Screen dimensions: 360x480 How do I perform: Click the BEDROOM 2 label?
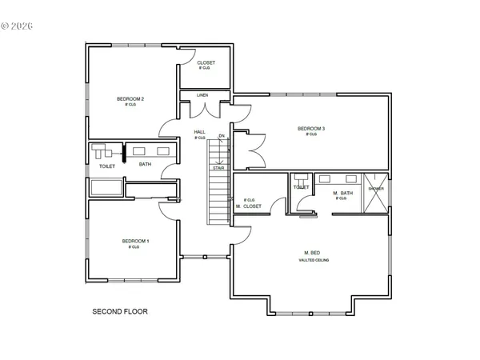[x=130, y=99]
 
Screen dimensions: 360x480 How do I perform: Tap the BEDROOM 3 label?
[x=311, y=128]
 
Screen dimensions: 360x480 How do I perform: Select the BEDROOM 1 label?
[x=135, y=241]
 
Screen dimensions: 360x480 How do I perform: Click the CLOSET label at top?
[x=206, y=63]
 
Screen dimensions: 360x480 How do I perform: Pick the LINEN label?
[x=202, y=95]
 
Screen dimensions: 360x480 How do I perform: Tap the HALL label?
[x=200, y=132]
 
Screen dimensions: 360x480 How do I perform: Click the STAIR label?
[x=218, y=168]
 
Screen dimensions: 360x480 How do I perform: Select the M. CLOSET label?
[x=249, y=206]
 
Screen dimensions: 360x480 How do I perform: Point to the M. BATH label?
[x=343, y=192]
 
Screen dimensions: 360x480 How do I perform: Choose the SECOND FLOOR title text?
[x=120, y=311]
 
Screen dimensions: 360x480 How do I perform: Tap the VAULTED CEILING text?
[x=314, y=261]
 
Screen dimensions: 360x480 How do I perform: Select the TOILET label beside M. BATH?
[x=301, y=187]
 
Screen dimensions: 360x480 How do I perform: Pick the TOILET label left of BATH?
[x=107, y=166]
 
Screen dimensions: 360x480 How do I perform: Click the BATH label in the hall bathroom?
[x=145, y=165]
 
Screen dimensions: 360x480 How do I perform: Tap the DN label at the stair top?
[x=222, y=137]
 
